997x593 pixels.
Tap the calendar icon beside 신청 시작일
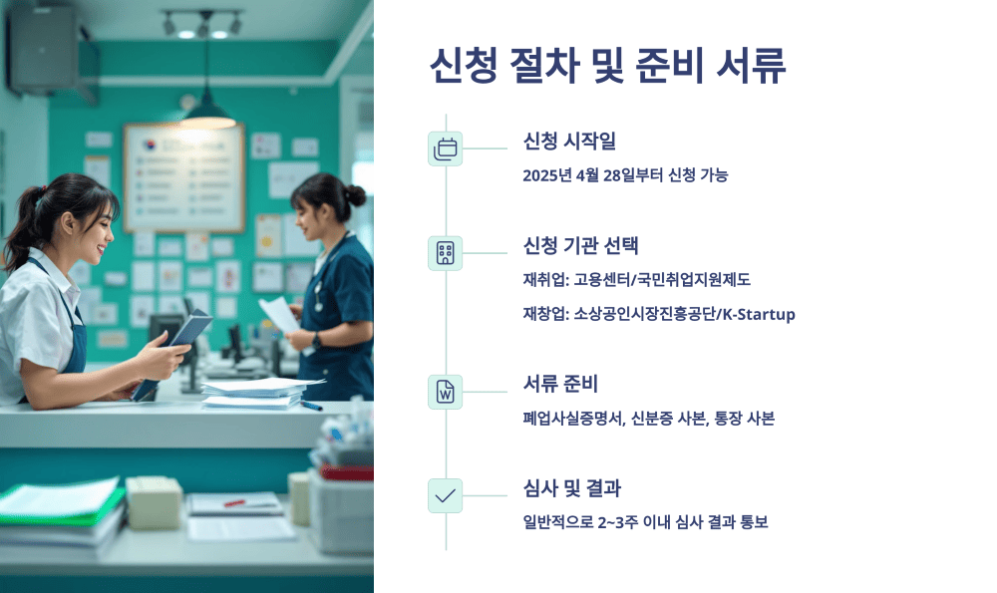pos(445,148)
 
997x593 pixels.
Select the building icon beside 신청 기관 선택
pos(445,253)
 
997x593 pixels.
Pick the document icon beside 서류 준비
pos(445,392)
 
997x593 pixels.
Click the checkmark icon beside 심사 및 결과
pos(445,495)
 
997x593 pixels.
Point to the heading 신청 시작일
pos(569,142)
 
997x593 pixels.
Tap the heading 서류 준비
pos(560,384)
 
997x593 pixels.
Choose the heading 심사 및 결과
pos(571,488)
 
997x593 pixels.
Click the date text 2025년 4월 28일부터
pos(587,175)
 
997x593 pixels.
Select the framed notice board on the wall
pos(183,177)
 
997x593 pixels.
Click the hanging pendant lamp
pos(208,106)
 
